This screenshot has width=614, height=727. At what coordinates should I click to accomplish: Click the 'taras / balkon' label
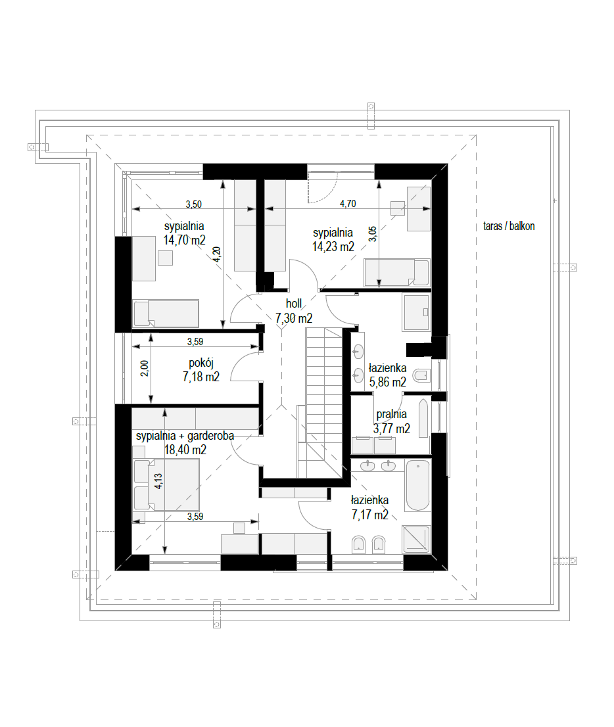click(509, 226)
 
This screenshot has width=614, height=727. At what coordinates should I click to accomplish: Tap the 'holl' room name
click(294, 304)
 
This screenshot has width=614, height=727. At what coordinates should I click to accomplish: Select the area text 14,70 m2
click(184, 240)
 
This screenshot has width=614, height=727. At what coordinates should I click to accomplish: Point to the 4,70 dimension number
click(348, 204)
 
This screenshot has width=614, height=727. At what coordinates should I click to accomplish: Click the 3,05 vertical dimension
click(373, 234)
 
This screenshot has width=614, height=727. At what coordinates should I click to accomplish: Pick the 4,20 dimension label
click(216, 254)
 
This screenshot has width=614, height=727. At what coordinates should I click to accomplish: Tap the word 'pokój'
click(201, 363)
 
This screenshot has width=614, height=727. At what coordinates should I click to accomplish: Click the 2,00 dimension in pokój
click(145, 368)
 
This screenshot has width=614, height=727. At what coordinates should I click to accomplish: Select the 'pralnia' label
click(391, 414)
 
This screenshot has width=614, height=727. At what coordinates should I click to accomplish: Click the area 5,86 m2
click(387, 382)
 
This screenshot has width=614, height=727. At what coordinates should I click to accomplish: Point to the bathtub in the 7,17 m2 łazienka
click(417, 484)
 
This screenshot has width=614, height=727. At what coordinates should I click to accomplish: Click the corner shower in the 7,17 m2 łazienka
click(416, 539)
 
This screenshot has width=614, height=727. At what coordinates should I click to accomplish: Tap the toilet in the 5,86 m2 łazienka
click(421, 375)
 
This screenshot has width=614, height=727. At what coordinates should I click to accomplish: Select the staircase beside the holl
click(323, 402)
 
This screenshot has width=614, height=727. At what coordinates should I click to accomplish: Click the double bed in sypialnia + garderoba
click(166, 484)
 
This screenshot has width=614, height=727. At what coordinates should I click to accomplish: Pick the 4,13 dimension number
click(158, 481)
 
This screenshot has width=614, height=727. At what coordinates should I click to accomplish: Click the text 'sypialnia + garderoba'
click(185, 436)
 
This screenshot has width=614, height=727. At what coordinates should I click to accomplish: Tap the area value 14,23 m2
click(333, 246)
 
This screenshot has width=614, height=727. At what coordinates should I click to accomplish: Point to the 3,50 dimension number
click(193, 204)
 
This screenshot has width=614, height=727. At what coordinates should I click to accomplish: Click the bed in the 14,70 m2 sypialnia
click(166, 313)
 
